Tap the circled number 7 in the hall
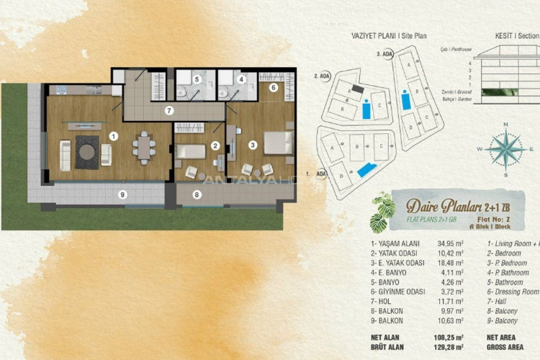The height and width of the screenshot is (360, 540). pyautogui.click(x=168, y=110)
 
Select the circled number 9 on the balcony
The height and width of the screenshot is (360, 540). pyautogui.click(x=122, y=194)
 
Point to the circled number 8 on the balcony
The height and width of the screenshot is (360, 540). pyautogui.click(x=197, y=194)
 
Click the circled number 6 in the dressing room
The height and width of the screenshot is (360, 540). pyautogui.click(x=274, y=88)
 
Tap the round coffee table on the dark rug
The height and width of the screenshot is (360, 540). pyautogui.click(x=88, y=151)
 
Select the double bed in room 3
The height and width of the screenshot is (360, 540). pyautogui.click(x=276, y=143)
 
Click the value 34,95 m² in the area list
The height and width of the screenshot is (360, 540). pyautogui.click(x=451, y=244)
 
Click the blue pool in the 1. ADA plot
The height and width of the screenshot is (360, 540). pyautogui.click(x=366, y=170)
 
